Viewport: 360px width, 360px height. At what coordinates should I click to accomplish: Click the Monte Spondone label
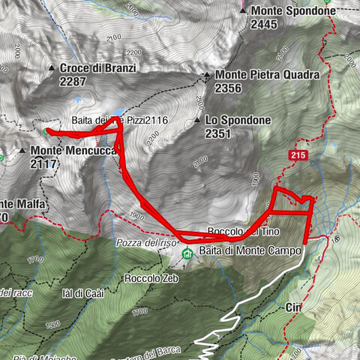tap(294, 11)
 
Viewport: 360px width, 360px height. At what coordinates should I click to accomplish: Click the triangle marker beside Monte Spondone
tap(243, 11)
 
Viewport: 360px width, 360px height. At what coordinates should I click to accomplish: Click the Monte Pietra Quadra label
tap(268, 75)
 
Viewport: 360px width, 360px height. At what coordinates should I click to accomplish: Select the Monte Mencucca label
tap(73, 150)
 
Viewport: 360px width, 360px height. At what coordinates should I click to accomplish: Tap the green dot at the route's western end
tap(46, 131)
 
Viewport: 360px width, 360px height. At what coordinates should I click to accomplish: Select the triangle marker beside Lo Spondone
tap(196, 120)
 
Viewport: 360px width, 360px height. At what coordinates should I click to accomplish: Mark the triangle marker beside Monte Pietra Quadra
tap(206, 75)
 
